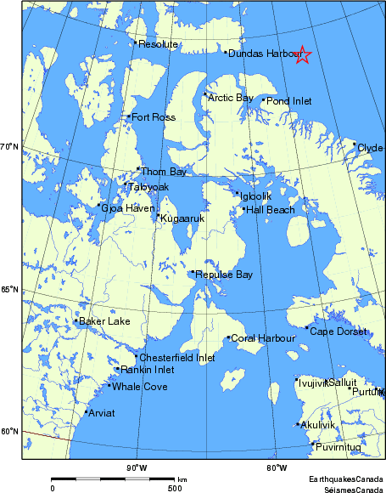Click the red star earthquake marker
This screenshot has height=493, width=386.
303,55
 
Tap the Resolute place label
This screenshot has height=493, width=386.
158,44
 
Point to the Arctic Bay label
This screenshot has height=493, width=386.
231,98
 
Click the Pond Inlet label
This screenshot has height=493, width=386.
289,100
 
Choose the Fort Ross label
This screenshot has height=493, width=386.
154,116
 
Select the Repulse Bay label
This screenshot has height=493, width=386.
224,275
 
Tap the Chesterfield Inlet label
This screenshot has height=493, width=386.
176,358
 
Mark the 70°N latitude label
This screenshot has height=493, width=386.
9,147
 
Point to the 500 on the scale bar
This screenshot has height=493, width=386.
174,488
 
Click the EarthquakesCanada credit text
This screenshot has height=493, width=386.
345,479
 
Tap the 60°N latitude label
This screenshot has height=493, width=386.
9,431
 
